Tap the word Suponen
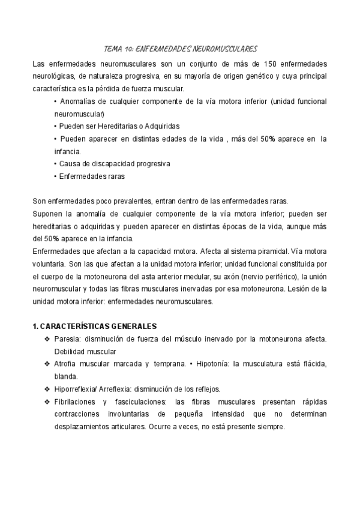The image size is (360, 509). tap(46, 212)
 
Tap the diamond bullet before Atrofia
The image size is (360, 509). tap(47, 364)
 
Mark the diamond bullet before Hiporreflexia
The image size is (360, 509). tap(47, 389)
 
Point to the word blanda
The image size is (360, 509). tap(65, 377)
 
